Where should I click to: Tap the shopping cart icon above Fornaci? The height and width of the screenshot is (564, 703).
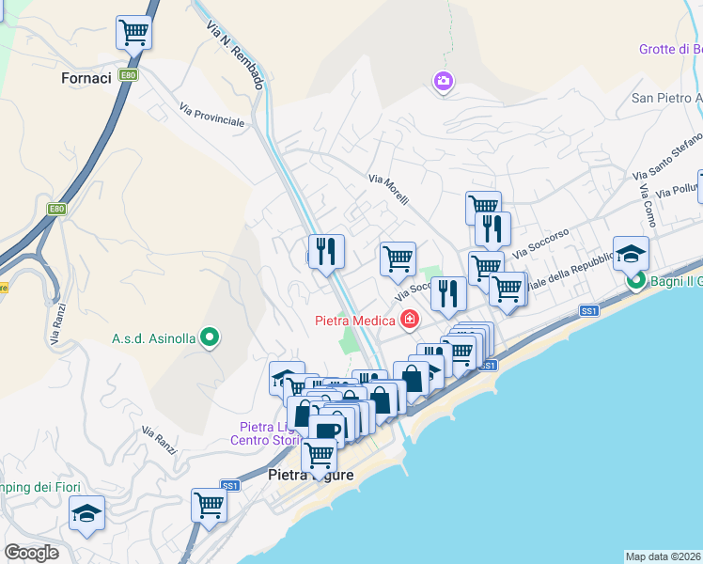click(x=134, y=32)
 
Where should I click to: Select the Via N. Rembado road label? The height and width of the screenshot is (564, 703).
click(x=234, y=55)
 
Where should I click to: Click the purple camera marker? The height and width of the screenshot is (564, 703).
click(x=443, y=83)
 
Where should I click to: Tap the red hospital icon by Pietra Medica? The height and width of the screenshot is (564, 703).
click(x=409, y=320)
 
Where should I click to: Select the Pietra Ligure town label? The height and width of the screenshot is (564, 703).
click(x=312, y=475)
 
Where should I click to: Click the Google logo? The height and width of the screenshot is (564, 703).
click(x=31, y=553)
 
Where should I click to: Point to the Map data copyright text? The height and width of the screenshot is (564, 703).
click(x=664, y=556)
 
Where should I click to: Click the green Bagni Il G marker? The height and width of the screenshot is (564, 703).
click(x=636, y=280)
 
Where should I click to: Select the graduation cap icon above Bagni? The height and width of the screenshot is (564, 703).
click(x=631, y=252)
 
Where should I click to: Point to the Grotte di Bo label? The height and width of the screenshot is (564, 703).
click(x=670, y=49)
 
